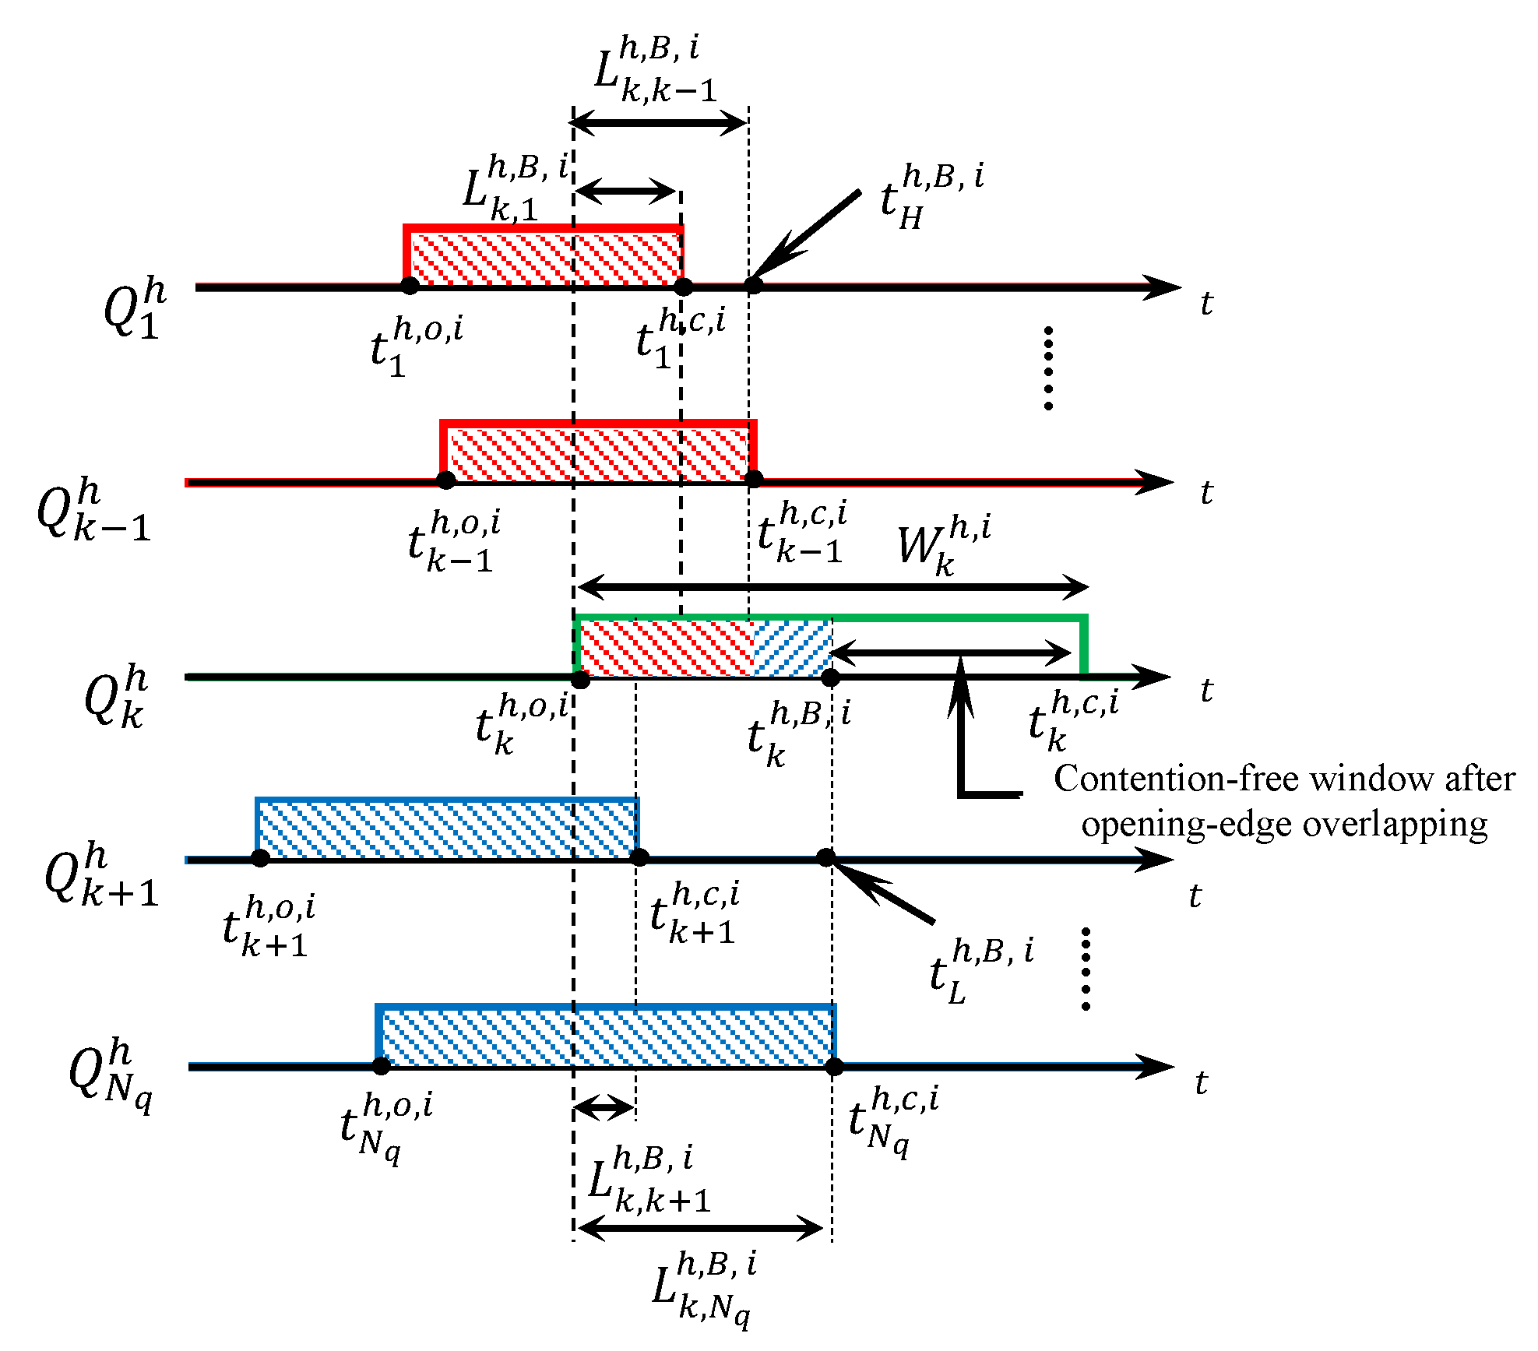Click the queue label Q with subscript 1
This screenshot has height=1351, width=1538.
(x=134, y=308)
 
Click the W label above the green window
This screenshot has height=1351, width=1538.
(x=942, y=545)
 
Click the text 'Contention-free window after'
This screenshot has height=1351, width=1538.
(x=1283, y=779)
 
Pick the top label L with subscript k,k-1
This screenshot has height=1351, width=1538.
(x=654, y=70)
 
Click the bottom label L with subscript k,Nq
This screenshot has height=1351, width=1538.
(x=703, y=1289)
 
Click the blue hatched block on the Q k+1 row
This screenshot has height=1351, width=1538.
(x=447, y=829)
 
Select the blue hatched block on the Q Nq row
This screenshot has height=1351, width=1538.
(x=606, y=1036)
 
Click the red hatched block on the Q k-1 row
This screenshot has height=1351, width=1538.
(x=598, y=452)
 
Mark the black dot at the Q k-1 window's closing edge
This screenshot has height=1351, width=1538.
(x=753, y=480)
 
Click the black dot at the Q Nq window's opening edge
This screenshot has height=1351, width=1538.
(x=381, y=1066)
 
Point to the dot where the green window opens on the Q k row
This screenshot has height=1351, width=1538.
(x=580, y=680)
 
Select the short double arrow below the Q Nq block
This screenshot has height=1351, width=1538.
(x=604, y=1106)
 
